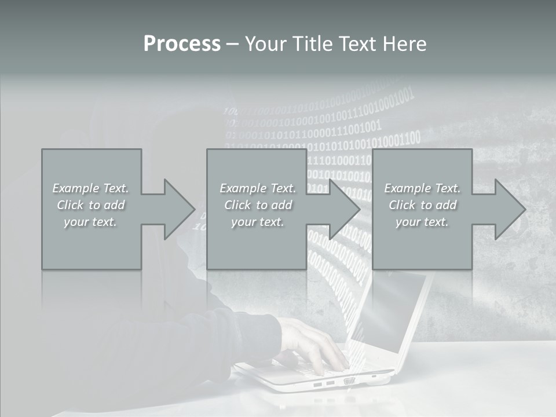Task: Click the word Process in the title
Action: point(182,43)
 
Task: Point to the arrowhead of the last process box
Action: point(509,209)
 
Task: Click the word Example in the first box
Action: point(76,188)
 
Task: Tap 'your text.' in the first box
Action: point(91,222)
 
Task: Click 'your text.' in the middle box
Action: point(258,222)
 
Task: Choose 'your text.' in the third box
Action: point(422,222)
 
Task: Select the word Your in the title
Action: point(265,43)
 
